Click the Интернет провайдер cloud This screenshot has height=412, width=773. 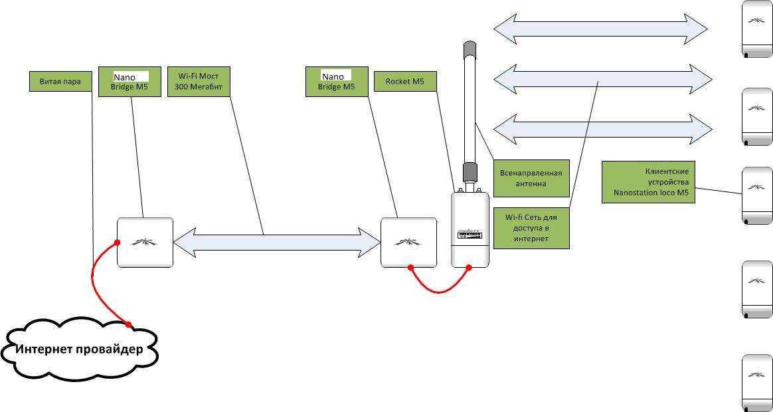coord(80,350)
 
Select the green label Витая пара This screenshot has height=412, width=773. coord(60,82)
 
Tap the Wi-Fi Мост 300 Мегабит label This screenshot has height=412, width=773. coord(198,82)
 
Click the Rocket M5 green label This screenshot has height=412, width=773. coord(405,82)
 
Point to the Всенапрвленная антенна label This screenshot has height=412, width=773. coord(531,178)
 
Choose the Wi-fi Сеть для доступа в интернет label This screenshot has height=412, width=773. coord(532,227)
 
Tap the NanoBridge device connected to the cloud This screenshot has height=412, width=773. coord(145,242)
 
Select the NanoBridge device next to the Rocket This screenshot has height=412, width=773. coord(408,242)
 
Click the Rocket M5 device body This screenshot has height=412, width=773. coord(470,230)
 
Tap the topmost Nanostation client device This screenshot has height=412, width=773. coord(756,30)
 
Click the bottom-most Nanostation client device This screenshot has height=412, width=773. coord(756,382)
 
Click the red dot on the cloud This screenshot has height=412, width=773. coord(129,324)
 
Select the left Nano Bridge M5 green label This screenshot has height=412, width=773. coord(129,82)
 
